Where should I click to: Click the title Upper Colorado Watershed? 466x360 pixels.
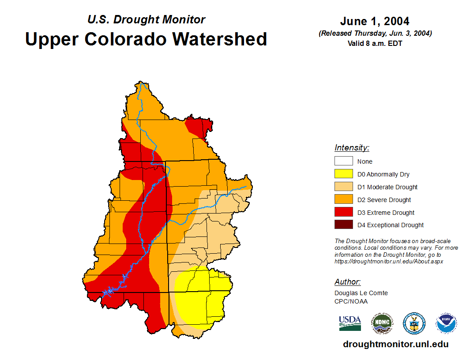[146, 39]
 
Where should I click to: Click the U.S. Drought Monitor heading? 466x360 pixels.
[146, 20]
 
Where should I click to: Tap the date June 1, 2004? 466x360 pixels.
[375, 21]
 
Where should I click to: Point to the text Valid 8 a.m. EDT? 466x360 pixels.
[375, 43]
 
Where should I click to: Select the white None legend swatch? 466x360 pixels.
[343, 161]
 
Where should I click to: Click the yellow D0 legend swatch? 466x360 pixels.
[343, 174]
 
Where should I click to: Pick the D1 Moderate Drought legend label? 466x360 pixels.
[387, 187]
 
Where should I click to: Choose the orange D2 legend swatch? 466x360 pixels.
[343, 200]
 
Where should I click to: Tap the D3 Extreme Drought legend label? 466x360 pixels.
[386, 213]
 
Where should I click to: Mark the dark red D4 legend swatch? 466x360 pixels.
[343, 225]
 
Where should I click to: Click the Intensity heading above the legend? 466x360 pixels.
[352, 148]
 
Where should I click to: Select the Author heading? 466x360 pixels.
[347, 282]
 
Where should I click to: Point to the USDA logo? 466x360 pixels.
[350, 323]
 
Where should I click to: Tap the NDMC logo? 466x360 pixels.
[382, 323]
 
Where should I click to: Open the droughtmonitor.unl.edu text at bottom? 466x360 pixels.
[395, 344]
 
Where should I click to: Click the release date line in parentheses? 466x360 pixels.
[375, 34]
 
